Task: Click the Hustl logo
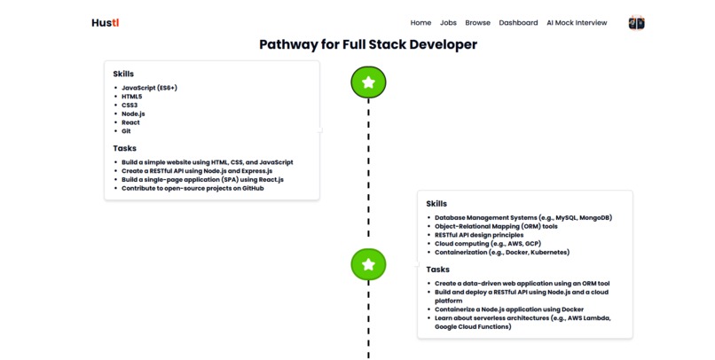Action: pyautogui.click(x=105, y=23)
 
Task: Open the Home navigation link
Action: pyautogui.click(x=420, y=23)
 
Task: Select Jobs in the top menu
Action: pyautogui.click(x=448, y=23)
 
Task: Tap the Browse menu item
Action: pyautogui.click(x=477, y=23)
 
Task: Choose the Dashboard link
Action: pyautogui.click(x=518, y=23)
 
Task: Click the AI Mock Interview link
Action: pyautogui.click(x=577, y=23)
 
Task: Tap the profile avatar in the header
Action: pyautogui.click(x=636, y=23)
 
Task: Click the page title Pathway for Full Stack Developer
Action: pyautogui.click(x=367, y=44)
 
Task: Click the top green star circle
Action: pyautogui.click(x=368, y=82)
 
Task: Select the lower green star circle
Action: pyautogui.click(x=368, y=264)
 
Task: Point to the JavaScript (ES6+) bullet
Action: pyautogui.click(x=149, y=88)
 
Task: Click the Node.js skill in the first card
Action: pyautogui.click(x=133, y=113)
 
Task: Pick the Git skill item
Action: pyautogui.click(x=127, y=131)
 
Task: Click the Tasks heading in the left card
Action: pyautogui.click(x=124, y=148)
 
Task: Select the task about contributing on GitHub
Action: pyautogui.click(x=192, y=188)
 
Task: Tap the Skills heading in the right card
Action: pyautogui.click(x=436, y=204)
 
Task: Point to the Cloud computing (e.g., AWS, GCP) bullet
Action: pyautogui.click(x=490, y=243)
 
